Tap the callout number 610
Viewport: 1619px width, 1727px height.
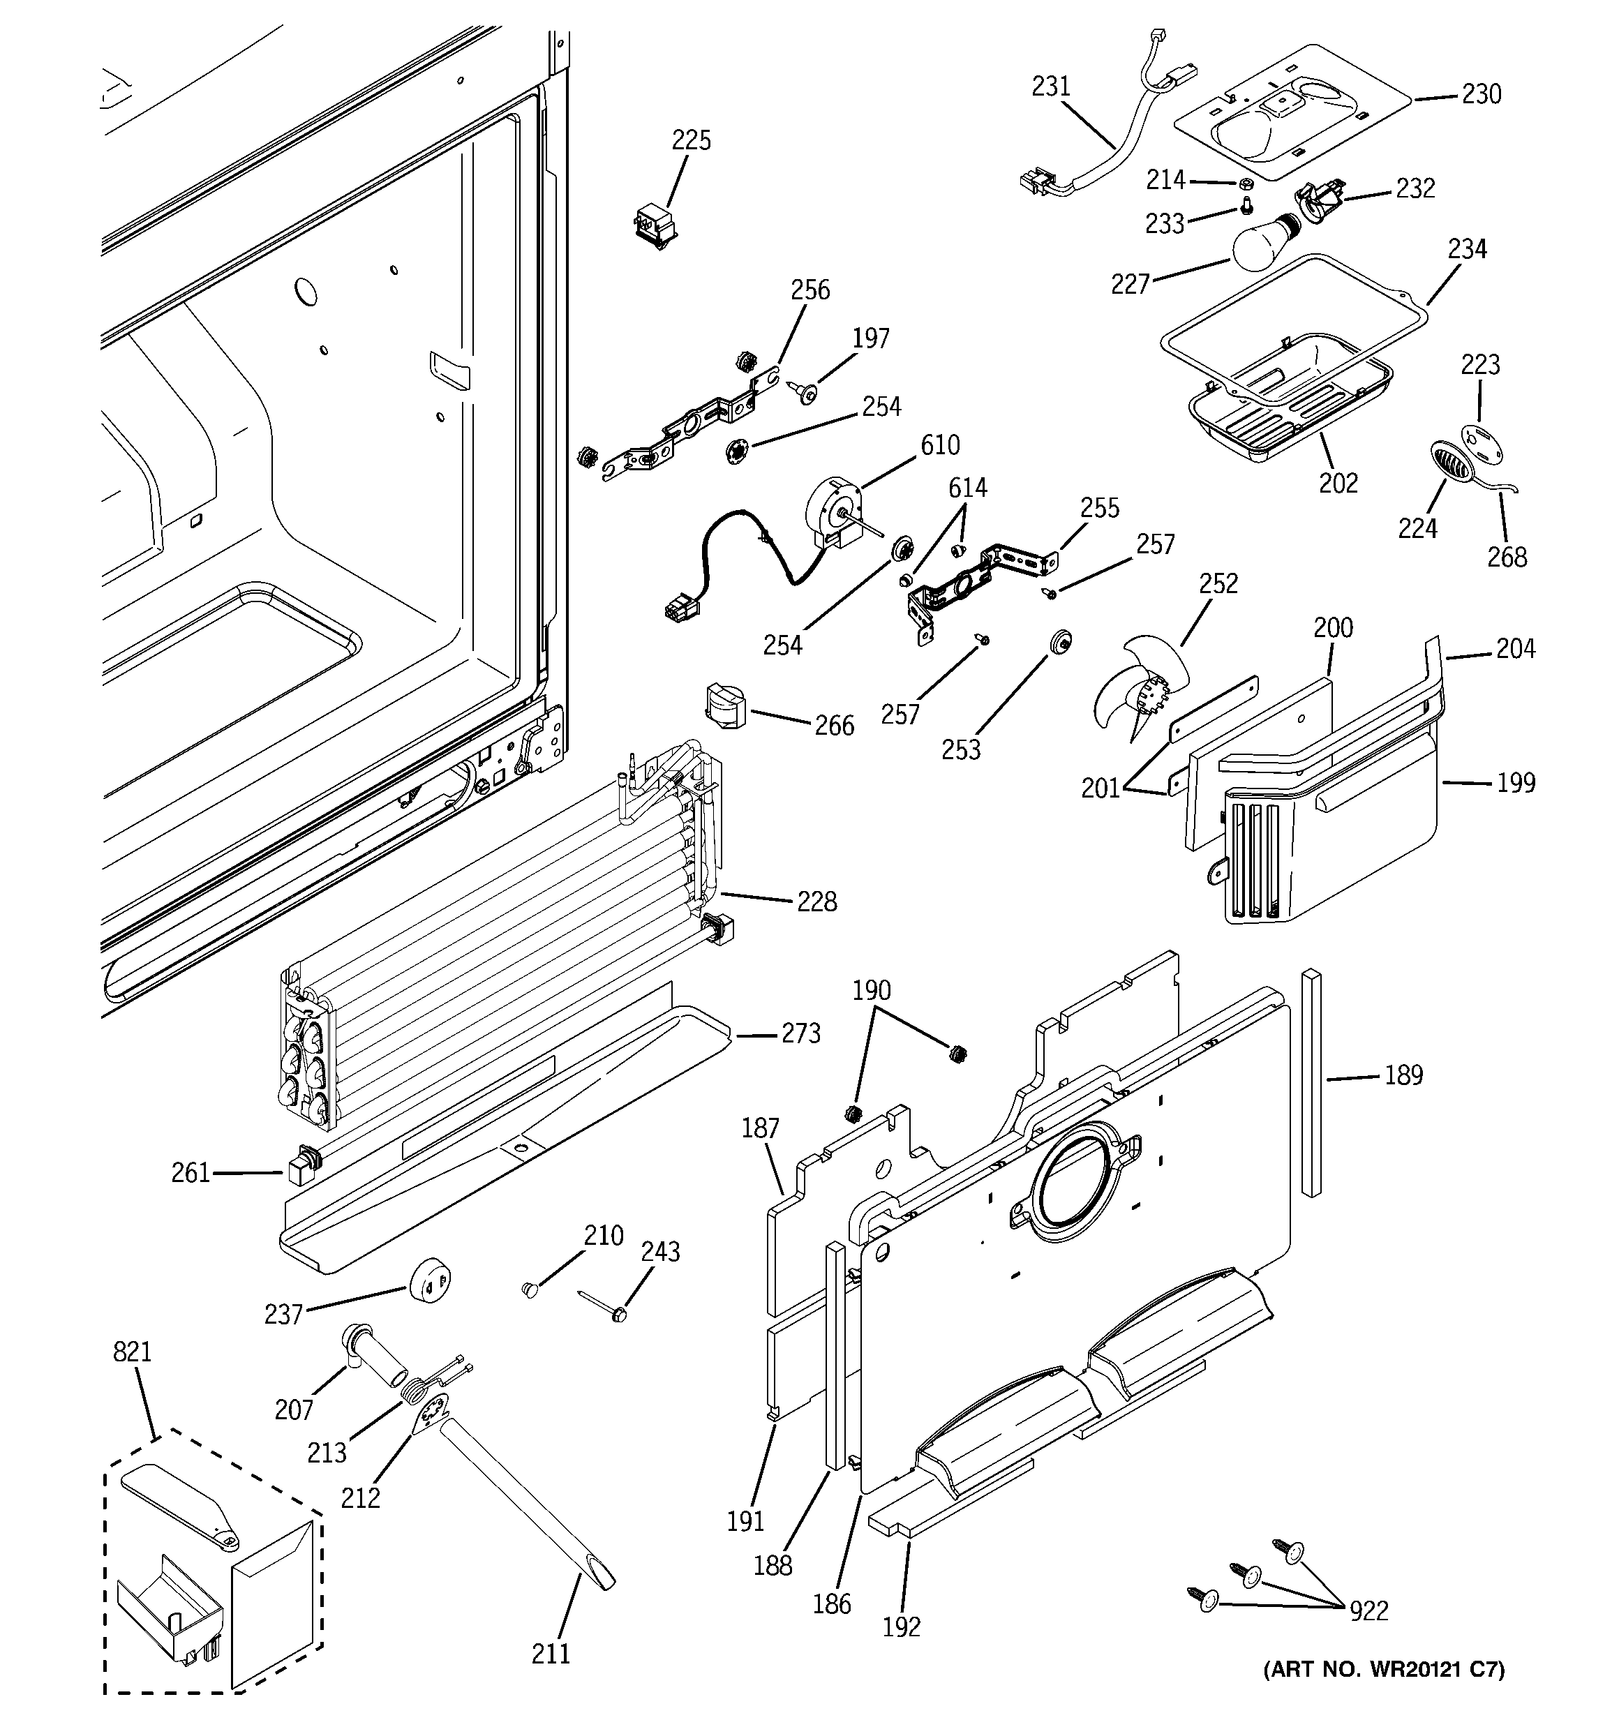click(939, 446)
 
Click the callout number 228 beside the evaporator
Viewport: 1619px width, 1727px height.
click(817, 902)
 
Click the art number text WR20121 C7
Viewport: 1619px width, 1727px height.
click(1384, 1669)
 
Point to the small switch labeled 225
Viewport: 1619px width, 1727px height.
click(655, 225)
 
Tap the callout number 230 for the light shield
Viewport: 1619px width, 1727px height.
click(1481, 94)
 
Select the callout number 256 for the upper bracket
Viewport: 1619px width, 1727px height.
click(810, 290)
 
